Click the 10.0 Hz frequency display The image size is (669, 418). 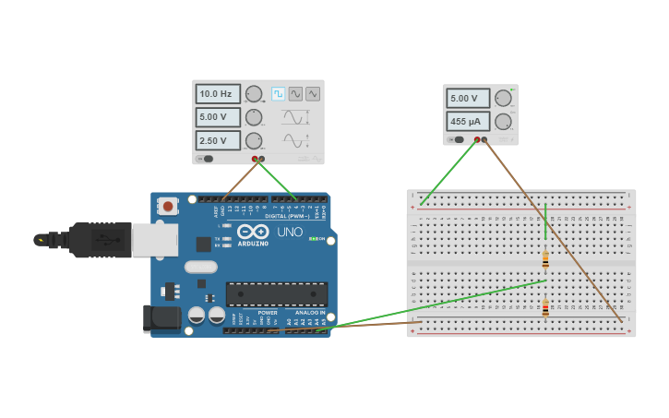pos(218,94)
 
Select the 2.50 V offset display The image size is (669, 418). pos(218,140)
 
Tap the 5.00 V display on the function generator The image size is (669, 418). pos(218,117)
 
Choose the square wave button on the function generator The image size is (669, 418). pos(278,94)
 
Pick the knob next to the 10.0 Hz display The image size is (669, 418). pos(253,94)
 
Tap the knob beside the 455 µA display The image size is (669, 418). pos(503,121)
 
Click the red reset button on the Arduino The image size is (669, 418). pos(168,206)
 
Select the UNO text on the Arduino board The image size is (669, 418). pos(291,232)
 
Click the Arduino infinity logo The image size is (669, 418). pos(255,231)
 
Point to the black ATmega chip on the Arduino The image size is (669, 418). pos(277,294)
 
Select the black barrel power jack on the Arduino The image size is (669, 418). pos(161,318)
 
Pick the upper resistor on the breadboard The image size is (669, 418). pos(545,259)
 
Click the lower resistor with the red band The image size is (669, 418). pos(545,308)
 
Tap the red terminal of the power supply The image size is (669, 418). pos(477,140)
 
